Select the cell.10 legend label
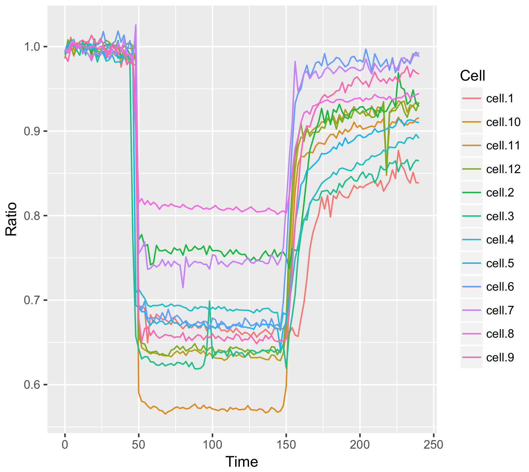[x=503, y=122]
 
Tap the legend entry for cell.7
[x=500, y=310]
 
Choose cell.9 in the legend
[x=500, y=357]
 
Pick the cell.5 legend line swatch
[x=471, y=263]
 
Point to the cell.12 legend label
[x=503, y=169]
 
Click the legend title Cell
[x=472, y=76]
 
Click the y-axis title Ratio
[x=12, y=219]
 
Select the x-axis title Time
[x=241, y=462]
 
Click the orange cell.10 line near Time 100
[x=212, y=409]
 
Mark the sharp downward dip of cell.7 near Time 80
[x=183, y=287]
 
